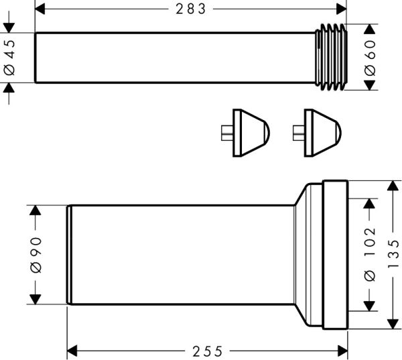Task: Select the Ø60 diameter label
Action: pyautogui.click(x=372, y=58)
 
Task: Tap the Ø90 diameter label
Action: pyautogui.click(x=37, y=255)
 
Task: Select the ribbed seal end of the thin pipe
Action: pyautogui.click(x=332, y=58)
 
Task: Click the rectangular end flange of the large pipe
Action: pyautogui.click(x=336, y=255)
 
